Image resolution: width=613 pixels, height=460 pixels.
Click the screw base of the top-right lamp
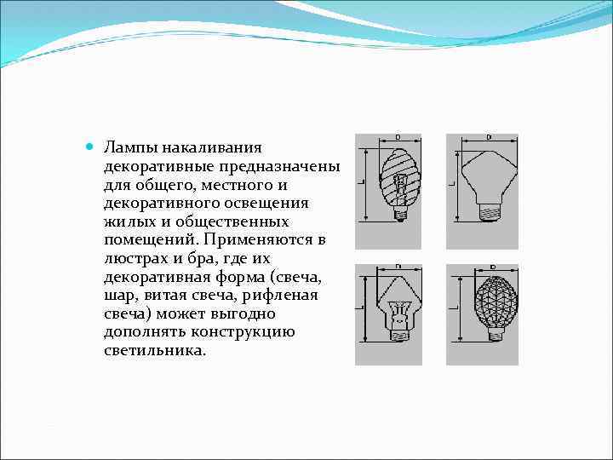click(489, 211)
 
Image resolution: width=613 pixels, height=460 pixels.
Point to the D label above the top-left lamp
click(398, 137)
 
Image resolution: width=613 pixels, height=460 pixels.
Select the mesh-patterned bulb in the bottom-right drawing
click(493, 302)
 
